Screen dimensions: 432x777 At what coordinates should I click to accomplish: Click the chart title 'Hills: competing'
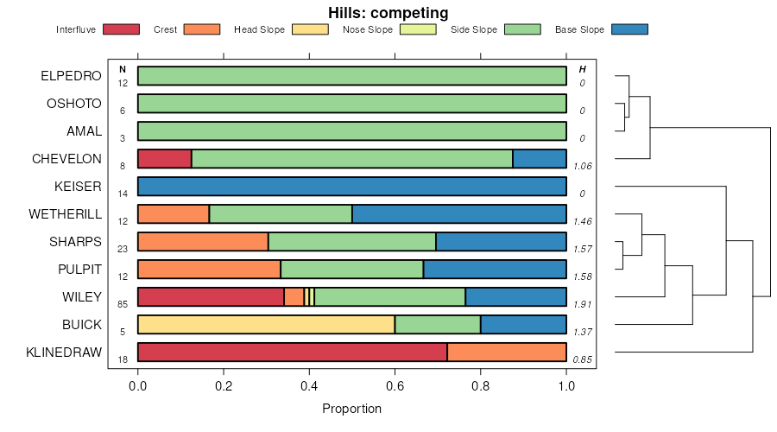(x=388, y=13)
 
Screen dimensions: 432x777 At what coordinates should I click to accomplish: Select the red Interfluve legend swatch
(x=121, y=29)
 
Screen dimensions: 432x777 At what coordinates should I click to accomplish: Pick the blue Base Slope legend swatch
(x=629, y=29)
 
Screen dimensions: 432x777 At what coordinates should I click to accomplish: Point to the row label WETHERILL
(x=66, y=213)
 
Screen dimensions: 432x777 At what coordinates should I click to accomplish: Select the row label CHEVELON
(x=66, y=159)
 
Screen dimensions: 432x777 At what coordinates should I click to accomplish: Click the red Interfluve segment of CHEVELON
(x=164, y=159)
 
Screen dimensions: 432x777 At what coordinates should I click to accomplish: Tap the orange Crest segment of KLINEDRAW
(x=507, y=353)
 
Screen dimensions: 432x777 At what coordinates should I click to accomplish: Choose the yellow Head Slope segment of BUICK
(x=266, y=325)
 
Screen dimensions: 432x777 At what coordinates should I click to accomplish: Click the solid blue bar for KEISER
(x=352, y=187)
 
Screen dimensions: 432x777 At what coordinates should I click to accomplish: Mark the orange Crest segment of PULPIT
(x=209, y=270)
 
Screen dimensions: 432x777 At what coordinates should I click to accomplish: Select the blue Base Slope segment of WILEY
(x=515, y=297)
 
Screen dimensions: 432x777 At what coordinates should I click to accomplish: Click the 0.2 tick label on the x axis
(x=224, y=386)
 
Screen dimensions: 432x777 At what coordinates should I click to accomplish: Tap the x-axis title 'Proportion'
(x=351, y=408)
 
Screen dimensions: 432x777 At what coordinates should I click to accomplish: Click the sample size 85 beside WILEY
(x=123, y=304)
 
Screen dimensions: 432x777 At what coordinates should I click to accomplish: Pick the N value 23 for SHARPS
(x=123, y=249)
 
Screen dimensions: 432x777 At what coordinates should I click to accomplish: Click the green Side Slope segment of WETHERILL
(x=281, y=214)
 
